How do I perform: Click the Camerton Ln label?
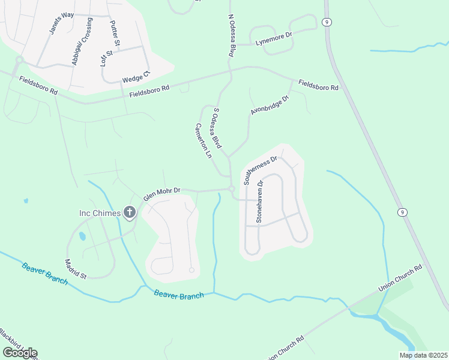click(x=204, y=141)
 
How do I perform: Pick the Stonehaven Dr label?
click(x=260, y=202)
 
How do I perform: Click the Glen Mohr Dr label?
click(x=161, y=193)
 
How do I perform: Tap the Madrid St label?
click(x=76, y=268)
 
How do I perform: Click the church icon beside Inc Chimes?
click(x=129, y=212)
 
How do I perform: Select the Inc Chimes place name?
click(x=100, y=212)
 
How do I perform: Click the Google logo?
click(x=20, y=353)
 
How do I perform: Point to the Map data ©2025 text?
click(x=423, y=355)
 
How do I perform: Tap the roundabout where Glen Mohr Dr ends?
click(x=232, y=190)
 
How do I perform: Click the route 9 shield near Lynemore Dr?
click(x=327, y=21)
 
